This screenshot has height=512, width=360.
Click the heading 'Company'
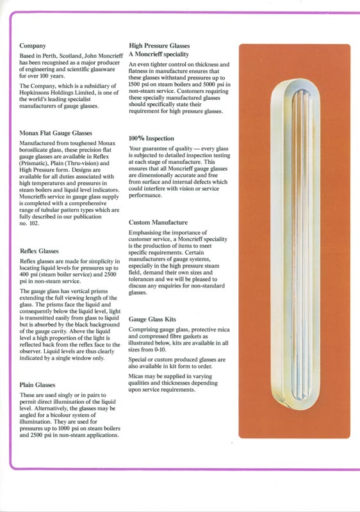pyautogui.click(x=33, y=46)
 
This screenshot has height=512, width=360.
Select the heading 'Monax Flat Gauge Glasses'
pyautogui.click(x=56, y=133)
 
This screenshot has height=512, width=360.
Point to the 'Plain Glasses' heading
pyautogui.click(x=37, y=385)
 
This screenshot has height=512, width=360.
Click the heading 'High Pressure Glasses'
pyautogui.click(x=160, y=46)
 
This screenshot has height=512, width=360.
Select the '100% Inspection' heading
pyautogui.click(x=151, y=138)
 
